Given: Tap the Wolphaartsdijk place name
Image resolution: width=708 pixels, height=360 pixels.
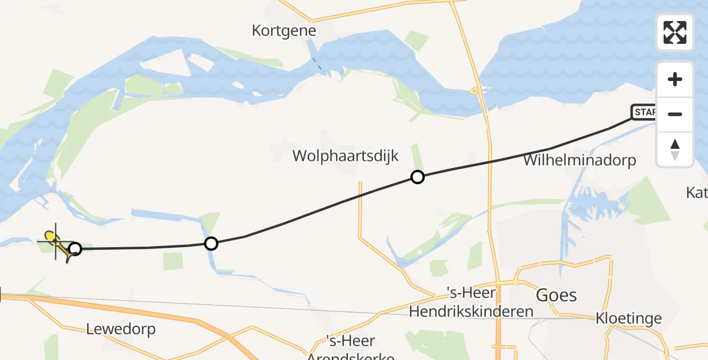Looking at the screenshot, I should pos(346,156).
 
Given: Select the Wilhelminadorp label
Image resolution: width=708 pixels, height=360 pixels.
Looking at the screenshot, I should pos(579,160).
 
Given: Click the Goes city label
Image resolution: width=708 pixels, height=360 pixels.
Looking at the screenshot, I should pos(556,295).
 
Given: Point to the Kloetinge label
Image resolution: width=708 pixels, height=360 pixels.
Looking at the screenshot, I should pos(629,318).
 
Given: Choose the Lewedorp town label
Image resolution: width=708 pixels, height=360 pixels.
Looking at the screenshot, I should pos(121,329).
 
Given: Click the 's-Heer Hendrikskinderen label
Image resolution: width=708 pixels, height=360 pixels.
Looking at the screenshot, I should pos(471,302).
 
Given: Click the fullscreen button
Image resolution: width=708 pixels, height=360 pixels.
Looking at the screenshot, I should pos(675,32).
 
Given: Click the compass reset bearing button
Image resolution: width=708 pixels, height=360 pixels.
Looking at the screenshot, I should pos(675,149).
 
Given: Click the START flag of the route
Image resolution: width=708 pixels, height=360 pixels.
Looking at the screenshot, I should pos(644,112).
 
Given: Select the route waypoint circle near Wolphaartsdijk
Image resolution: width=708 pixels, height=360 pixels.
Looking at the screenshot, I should pos(417,176).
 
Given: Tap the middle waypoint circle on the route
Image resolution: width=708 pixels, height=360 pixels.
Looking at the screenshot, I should pos(211,243).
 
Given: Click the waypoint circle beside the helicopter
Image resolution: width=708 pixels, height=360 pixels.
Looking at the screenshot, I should pos(75,248).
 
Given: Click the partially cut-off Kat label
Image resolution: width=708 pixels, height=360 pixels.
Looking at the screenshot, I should pos(697,193).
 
